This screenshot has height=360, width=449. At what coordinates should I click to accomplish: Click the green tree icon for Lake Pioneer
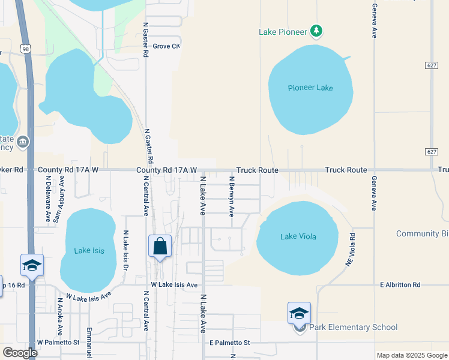click(x=317, y=31)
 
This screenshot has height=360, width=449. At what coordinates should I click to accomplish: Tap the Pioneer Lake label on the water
click(x=310, y=88)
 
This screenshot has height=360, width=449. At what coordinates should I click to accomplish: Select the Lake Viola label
click(x=298, y=236)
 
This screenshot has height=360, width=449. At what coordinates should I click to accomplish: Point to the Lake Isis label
click(x=89, y=251)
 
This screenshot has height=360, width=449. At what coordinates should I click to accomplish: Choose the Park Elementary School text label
click(x=353, y=328)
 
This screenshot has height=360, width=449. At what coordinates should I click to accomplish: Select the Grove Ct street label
click(x=166, y=46)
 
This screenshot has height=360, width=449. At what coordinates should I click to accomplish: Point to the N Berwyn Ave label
click(x=231, y=196)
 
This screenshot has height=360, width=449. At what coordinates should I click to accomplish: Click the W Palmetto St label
click(x=58, y=343)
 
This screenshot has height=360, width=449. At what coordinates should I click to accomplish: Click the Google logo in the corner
click(x=20, y=353)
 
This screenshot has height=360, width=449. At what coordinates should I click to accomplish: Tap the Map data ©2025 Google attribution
click(x=412, y=355)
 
